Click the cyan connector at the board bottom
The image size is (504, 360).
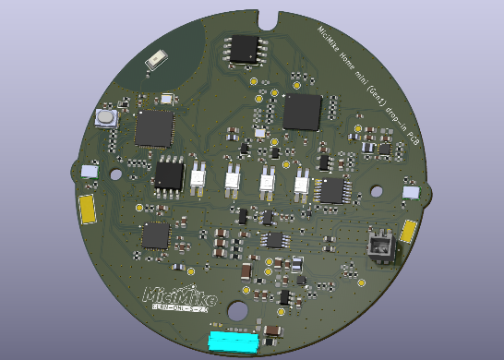coord(233,342)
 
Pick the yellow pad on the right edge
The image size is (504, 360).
coord(408,230)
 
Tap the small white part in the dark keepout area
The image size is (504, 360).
coord(157,60)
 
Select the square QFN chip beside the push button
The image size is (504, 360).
coord(154,129)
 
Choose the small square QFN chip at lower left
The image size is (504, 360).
coord(155,235)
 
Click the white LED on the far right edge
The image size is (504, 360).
coord(411,192)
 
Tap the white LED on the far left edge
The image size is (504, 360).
coord(90,171)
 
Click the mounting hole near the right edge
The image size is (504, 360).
coord(377,192)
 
